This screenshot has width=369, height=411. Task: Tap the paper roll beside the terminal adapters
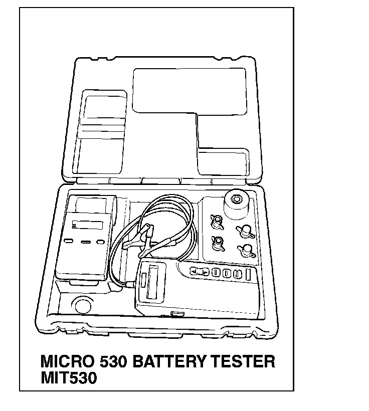point(237,203)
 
